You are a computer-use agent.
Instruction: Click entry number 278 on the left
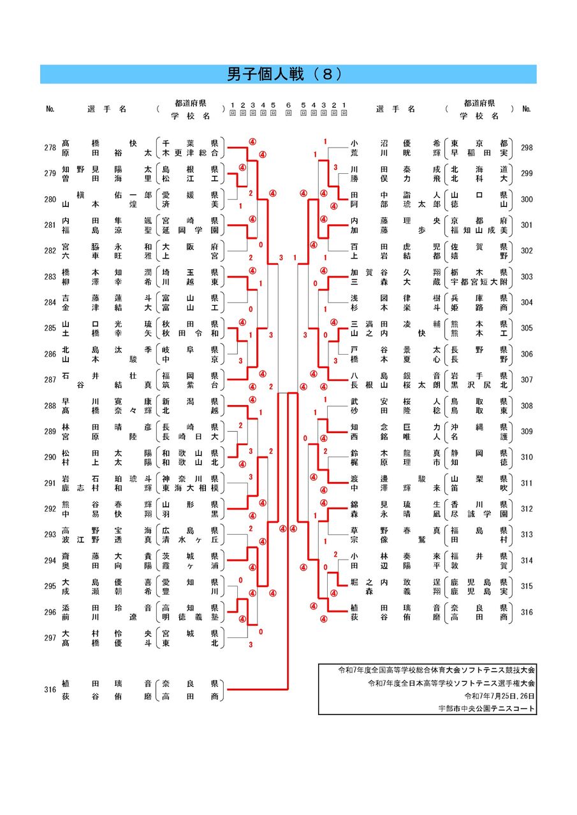coord(50,148)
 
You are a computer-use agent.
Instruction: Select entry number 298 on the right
coord(527,148)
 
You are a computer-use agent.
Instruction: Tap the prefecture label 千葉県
coord(190,143)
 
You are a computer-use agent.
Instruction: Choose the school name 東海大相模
coord(190,488)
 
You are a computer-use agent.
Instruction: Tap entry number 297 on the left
coord(50,639)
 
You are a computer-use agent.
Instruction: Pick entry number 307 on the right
coord(527,379)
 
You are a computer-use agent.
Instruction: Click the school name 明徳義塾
coord(190,617)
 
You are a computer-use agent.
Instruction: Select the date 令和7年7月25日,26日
coord(500,696)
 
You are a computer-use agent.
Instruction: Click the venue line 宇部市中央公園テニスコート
coord(486,708)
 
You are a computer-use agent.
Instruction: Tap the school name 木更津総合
coord(190,153)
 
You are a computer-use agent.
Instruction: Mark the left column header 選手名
coord(107,109)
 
